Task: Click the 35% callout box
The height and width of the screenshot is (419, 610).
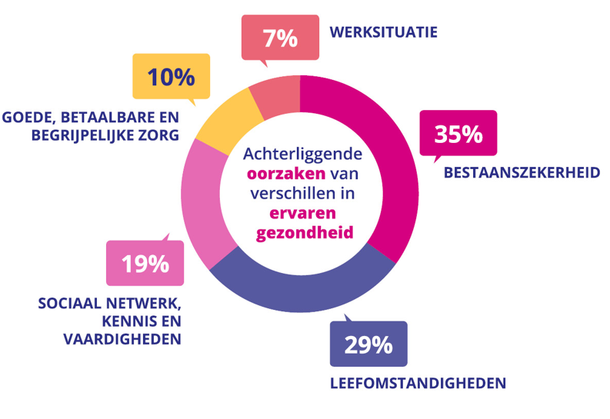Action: pyautogui.click(x=458, y=134)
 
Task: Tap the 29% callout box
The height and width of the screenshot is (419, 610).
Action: pyautogui.click(x=368, y=345)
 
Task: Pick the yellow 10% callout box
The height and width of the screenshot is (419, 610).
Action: pyautogui.click(x=171, y=76)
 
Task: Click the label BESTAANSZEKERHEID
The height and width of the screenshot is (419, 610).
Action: pyautogui.click(x=522, y=172)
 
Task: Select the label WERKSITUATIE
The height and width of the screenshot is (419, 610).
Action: pyautogui.click(x=383, y=32)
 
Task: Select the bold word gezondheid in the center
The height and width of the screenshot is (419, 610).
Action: pyautogui.click(x=300, y=231)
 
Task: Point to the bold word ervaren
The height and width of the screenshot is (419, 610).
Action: pyautogui.click(x=300, y=212)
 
